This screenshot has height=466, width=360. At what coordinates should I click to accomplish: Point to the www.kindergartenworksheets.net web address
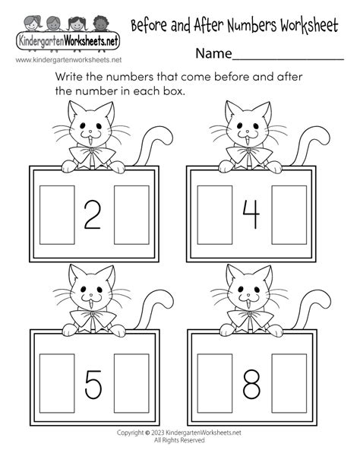[62, 59]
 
